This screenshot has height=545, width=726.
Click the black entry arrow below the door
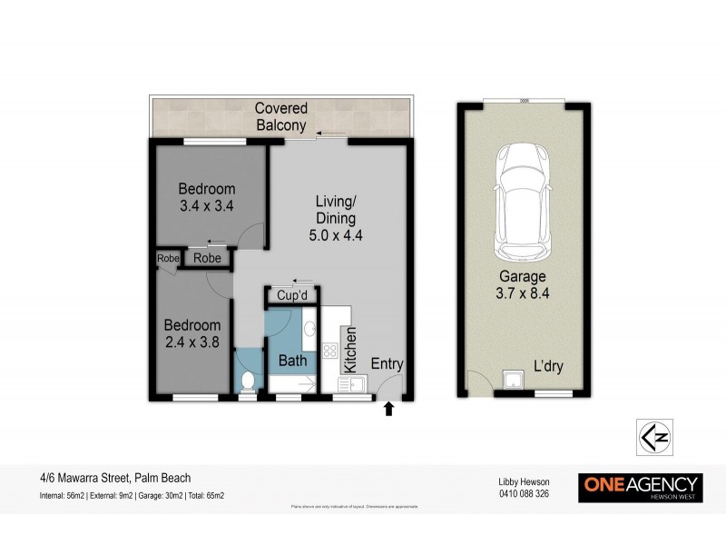point(389,410)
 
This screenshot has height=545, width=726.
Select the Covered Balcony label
point(280,117)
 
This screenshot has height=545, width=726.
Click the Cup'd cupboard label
point(295,296)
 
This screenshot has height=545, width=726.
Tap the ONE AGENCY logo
point(640,486)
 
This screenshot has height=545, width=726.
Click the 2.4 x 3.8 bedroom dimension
point(192,342)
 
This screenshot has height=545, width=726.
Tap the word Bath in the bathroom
point(292,361)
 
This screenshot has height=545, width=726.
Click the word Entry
point(387,364)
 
